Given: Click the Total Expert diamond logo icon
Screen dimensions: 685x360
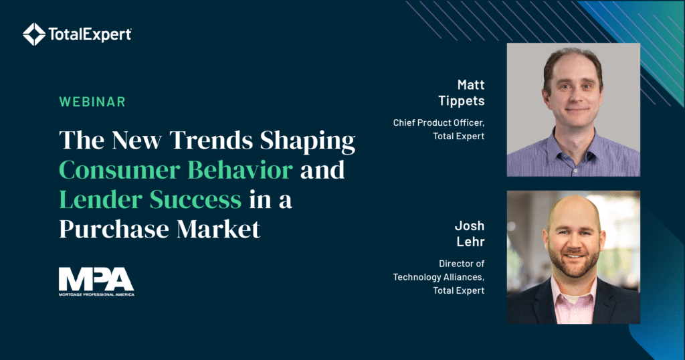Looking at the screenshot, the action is point(34,34).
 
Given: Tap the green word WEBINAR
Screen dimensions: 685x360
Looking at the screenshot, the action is point(92,102).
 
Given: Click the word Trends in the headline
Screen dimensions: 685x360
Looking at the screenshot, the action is point(211,141).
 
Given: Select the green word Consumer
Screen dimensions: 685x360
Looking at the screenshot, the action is point(120,170).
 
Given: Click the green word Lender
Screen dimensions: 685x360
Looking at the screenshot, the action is point(101,199).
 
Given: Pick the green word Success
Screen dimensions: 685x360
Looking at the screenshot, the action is point(196,199).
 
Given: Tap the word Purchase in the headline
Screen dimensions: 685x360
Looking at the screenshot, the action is point(114,229).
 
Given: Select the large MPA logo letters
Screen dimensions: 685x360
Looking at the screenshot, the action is point(96,279).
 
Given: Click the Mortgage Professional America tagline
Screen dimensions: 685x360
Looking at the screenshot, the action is point(96,294).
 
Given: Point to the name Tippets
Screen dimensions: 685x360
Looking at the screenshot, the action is point(462,101).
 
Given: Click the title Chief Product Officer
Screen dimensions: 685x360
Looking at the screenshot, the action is point(439,122).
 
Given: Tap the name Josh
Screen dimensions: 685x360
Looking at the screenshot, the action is point(470,226).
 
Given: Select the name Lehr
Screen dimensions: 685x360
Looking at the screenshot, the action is point(470,242).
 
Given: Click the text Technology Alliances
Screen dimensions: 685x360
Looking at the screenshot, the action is point(439,277).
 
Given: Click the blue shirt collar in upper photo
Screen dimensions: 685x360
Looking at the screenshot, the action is point(573,140).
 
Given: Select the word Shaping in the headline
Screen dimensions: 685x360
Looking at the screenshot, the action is point(308,141).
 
